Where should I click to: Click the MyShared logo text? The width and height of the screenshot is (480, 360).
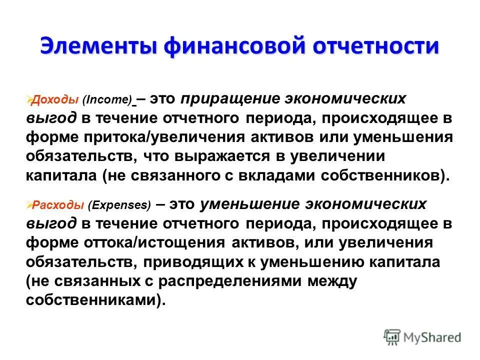433,337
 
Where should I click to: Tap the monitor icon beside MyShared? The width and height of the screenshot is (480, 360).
392,337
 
